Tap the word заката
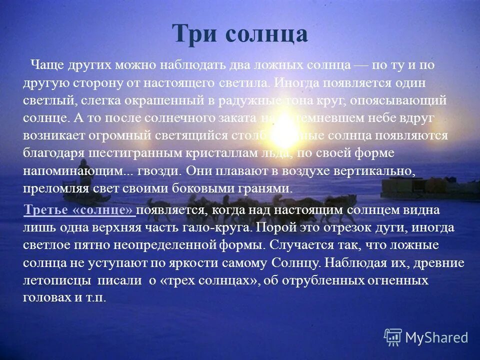[x=237, y=118]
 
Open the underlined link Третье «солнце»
[x=79, y=210]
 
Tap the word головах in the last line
[x=45, y=297]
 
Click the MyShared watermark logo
[x=426, y=337]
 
